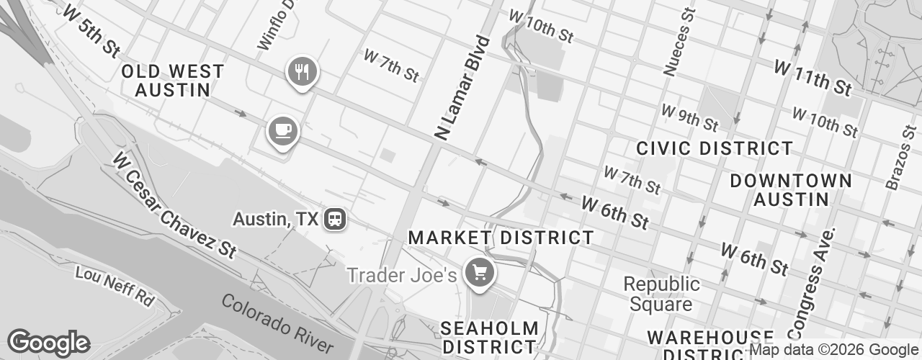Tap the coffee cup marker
point(283,131)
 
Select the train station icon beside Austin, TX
point(334,219)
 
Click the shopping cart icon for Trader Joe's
point(479,274)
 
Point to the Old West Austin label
point(173,81)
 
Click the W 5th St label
point(90,32)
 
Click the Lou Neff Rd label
point(115,285)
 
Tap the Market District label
point(501,238)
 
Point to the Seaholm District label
point(489,337)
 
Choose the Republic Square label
point(661,294)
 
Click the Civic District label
point(715,149)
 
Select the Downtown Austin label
point(791,189)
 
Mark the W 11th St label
point(813,78)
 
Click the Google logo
point(48,343)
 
